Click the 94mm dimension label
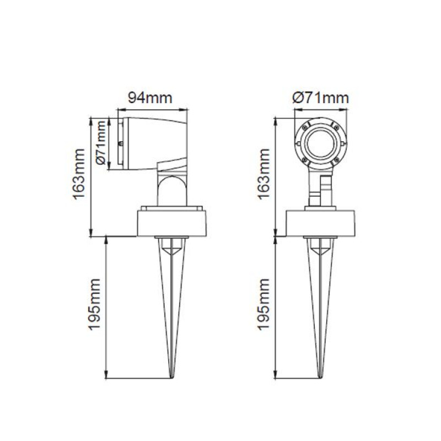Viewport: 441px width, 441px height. pos(150,98)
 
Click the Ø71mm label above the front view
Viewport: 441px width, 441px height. pos(320,98)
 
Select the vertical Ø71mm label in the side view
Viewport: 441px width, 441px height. pos(101,143)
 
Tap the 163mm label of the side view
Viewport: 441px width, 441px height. pos(78,174)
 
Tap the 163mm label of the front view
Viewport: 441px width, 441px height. pos(263,174)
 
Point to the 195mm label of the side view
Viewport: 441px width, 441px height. pos(94,305)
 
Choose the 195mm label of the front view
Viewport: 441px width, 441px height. pos(263,305)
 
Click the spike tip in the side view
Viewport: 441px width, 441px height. pos(171,378)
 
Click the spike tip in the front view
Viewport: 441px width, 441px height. pos(320,378)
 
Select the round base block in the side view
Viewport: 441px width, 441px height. pos(171,223)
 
